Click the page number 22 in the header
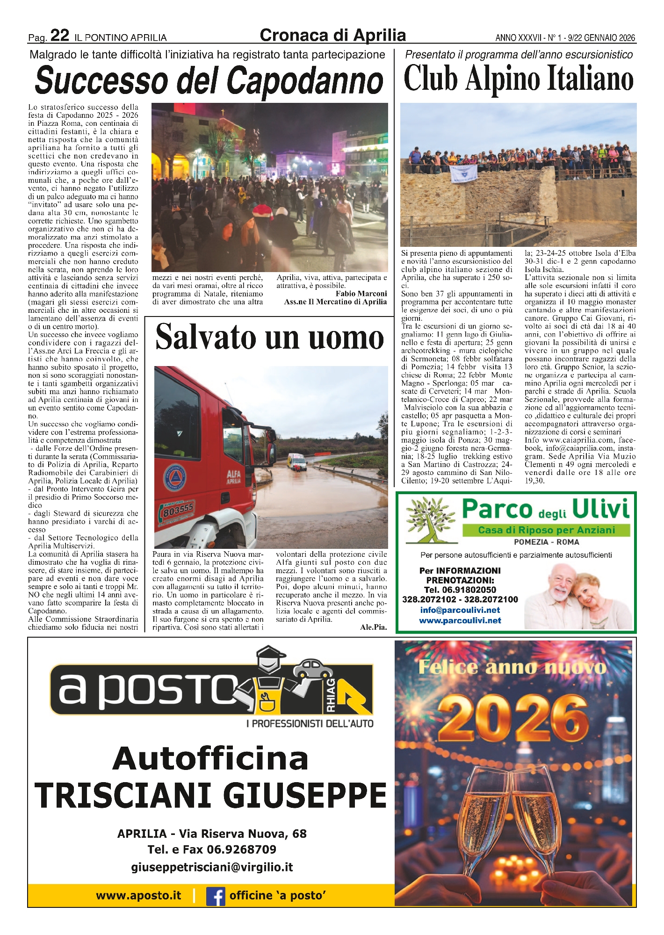pos(59,36)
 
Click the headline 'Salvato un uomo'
pos(269,338)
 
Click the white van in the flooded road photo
pos(297,462)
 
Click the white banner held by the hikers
pos(463,173)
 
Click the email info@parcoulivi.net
pos(460,610)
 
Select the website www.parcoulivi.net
pos(460,621)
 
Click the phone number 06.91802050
pos(460,590)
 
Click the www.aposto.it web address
pos(138,896)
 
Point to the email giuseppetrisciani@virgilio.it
pos(212,867)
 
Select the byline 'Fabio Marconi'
pos(361,294)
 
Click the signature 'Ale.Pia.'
pos(373,627)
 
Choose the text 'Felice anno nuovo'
pos(512,667)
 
